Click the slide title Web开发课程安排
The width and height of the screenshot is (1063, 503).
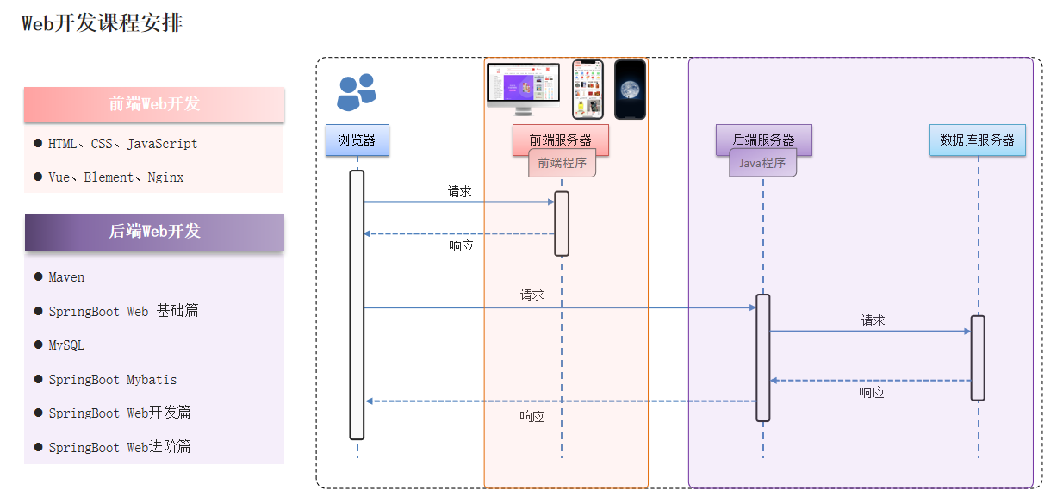[x=102, y=23]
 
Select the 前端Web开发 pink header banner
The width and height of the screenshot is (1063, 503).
[x=154, y=104]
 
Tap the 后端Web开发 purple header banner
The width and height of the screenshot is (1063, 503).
[x=154, y=232]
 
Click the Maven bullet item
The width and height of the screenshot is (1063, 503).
[x=66, y=277]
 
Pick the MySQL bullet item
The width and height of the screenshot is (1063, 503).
[x=66, y=345]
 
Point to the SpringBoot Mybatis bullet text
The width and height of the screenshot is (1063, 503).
[x=112, y=380]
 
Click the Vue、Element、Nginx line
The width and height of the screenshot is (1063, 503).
[x=116, y=177]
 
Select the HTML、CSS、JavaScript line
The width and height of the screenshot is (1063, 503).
[x=123, y=144]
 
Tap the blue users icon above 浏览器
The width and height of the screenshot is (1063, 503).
[x=357, y=92]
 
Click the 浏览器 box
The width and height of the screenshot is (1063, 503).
[x=357, y=140]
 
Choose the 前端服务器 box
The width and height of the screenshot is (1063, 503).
[x=561, y=139]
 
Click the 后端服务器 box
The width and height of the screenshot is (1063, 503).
[x=763, y=139]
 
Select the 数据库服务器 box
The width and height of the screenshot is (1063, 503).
[x=977, y=140]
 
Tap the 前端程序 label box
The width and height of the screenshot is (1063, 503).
[x=562, y=163]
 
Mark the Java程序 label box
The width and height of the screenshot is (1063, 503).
[x=762, y=163]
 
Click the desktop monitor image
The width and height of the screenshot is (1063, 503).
[x=523, y=88]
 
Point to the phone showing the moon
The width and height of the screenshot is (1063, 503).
[x=630, y=89]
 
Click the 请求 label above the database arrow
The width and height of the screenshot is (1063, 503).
[x=873, y=320]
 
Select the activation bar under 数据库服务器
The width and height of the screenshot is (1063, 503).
[x=978, y=357]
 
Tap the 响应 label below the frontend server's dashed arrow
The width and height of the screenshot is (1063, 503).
[x=461, y=245]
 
